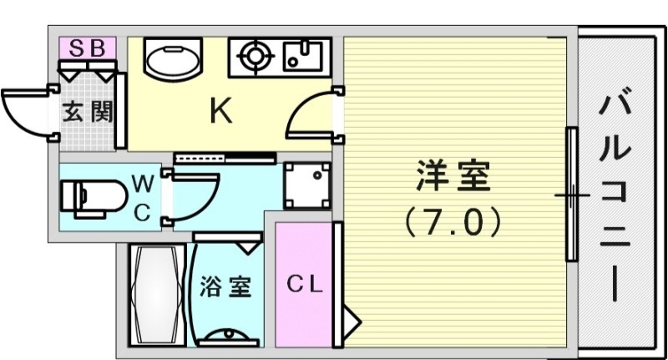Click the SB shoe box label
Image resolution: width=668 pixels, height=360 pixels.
87,48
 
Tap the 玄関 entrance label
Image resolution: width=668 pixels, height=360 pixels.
87,111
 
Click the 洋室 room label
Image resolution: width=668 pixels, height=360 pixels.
453,177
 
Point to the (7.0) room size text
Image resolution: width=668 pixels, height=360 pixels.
452,221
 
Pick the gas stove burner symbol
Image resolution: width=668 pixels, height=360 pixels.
254,58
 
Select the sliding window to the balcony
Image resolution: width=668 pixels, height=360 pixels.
572,195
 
